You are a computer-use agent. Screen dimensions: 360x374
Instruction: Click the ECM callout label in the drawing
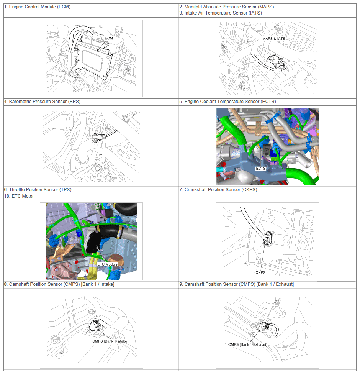tap(109, 38)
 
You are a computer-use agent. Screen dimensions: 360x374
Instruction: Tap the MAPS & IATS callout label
tap(274, 39)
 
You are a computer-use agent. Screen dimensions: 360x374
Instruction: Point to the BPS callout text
tap(100, 155)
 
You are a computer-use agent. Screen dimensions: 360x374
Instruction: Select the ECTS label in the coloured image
tap(260, 168)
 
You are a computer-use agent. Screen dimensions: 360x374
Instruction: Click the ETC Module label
tap(107, 264)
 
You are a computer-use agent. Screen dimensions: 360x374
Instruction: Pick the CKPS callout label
tap(260, 272)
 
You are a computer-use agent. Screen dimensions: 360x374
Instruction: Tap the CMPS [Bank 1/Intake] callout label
tap(110, 341)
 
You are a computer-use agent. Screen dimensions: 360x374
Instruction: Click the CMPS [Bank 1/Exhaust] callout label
tap(247, 344)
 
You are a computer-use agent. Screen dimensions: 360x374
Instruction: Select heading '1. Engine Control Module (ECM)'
tap(38, 7)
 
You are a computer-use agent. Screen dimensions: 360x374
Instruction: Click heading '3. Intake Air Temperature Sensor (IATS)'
tap(221, 13)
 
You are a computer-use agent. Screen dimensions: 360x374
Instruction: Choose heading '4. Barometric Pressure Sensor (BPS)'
tap(43, 102)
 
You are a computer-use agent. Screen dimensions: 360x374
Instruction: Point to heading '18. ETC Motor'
tap(19, 196)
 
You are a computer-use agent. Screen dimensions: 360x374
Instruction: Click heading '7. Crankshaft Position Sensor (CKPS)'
tap(218, 190)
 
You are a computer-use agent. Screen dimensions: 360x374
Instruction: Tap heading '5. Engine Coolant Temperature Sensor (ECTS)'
tap(228, 102)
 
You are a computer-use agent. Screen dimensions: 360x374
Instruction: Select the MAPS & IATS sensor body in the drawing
tap(277, 62)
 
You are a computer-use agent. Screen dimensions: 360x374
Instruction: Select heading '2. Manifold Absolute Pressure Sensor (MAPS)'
tap(227, 7)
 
